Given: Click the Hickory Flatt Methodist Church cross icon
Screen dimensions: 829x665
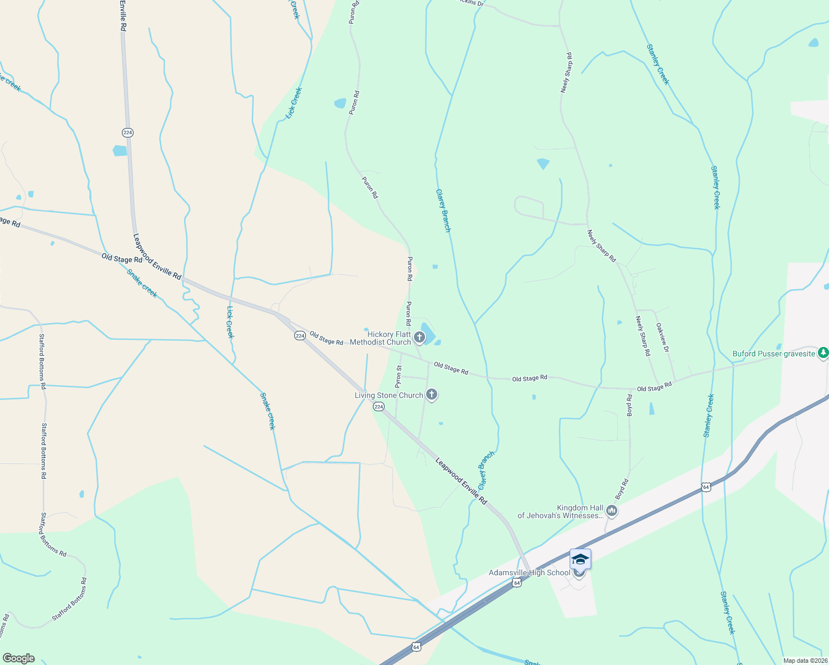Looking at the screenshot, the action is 419,337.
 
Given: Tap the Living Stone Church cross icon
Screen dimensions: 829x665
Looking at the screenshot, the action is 432,395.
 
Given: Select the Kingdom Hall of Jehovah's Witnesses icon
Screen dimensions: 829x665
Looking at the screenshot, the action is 611,510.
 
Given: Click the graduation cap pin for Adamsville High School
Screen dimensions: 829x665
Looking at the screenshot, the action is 580,559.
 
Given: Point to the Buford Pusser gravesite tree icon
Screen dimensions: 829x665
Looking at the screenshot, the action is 823,352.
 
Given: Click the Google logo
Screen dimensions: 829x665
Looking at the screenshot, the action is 18,658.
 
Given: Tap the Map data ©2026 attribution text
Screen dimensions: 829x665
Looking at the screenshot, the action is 805,661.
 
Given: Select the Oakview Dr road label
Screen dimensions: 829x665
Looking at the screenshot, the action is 663,338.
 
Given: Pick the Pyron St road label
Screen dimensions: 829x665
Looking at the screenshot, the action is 398,376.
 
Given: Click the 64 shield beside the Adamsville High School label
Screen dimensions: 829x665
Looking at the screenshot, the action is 516,583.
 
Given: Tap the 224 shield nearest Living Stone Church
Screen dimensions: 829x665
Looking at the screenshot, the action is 378,407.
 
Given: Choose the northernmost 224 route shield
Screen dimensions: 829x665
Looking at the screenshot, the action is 128,132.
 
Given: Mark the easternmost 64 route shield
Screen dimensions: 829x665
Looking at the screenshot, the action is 705,487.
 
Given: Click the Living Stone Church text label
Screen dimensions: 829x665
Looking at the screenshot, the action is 389,395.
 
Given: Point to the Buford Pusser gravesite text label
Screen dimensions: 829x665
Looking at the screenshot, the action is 774,354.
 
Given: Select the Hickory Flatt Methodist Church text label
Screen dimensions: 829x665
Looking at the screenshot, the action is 389,338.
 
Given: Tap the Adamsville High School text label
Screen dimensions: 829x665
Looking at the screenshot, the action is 529,573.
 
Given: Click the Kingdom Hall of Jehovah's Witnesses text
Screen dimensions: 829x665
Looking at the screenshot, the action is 560,511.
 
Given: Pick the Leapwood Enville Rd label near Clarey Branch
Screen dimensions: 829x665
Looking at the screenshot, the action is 461,481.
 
